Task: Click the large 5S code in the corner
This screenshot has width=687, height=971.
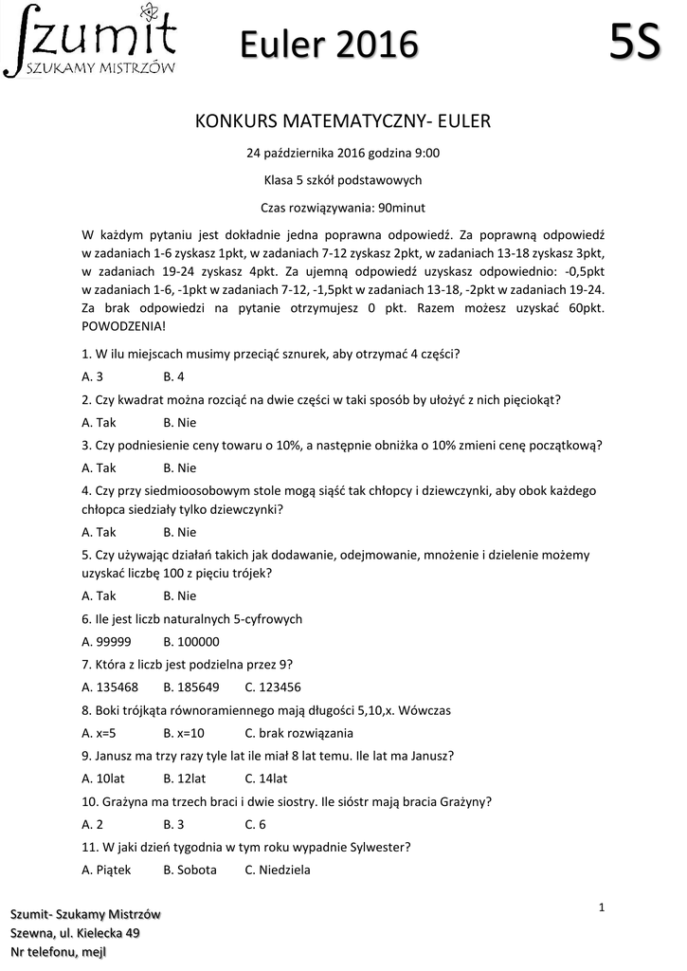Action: tap(634, 42)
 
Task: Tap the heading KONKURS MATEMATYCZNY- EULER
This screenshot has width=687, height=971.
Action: tap(343, 121)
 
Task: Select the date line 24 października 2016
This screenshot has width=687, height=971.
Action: tap(343, 153)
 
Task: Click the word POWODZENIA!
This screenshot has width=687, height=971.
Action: tap(123, 324)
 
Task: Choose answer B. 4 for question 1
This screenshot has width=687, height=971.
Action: tap(173, 376)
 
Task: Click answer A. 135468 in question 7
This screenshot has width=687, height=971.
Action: tap(110, 687)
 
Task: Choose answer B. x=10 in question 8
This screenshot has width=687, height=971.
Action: tap(184, 733)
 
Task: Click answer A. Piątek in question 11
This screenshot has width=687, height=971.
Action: tap(107, 870)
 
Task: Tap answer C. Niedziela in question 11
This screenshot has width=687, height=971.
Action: tap(278, 870)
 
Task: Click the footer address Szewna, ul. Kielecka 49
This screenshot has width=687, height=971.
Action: tap(75, 933)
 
